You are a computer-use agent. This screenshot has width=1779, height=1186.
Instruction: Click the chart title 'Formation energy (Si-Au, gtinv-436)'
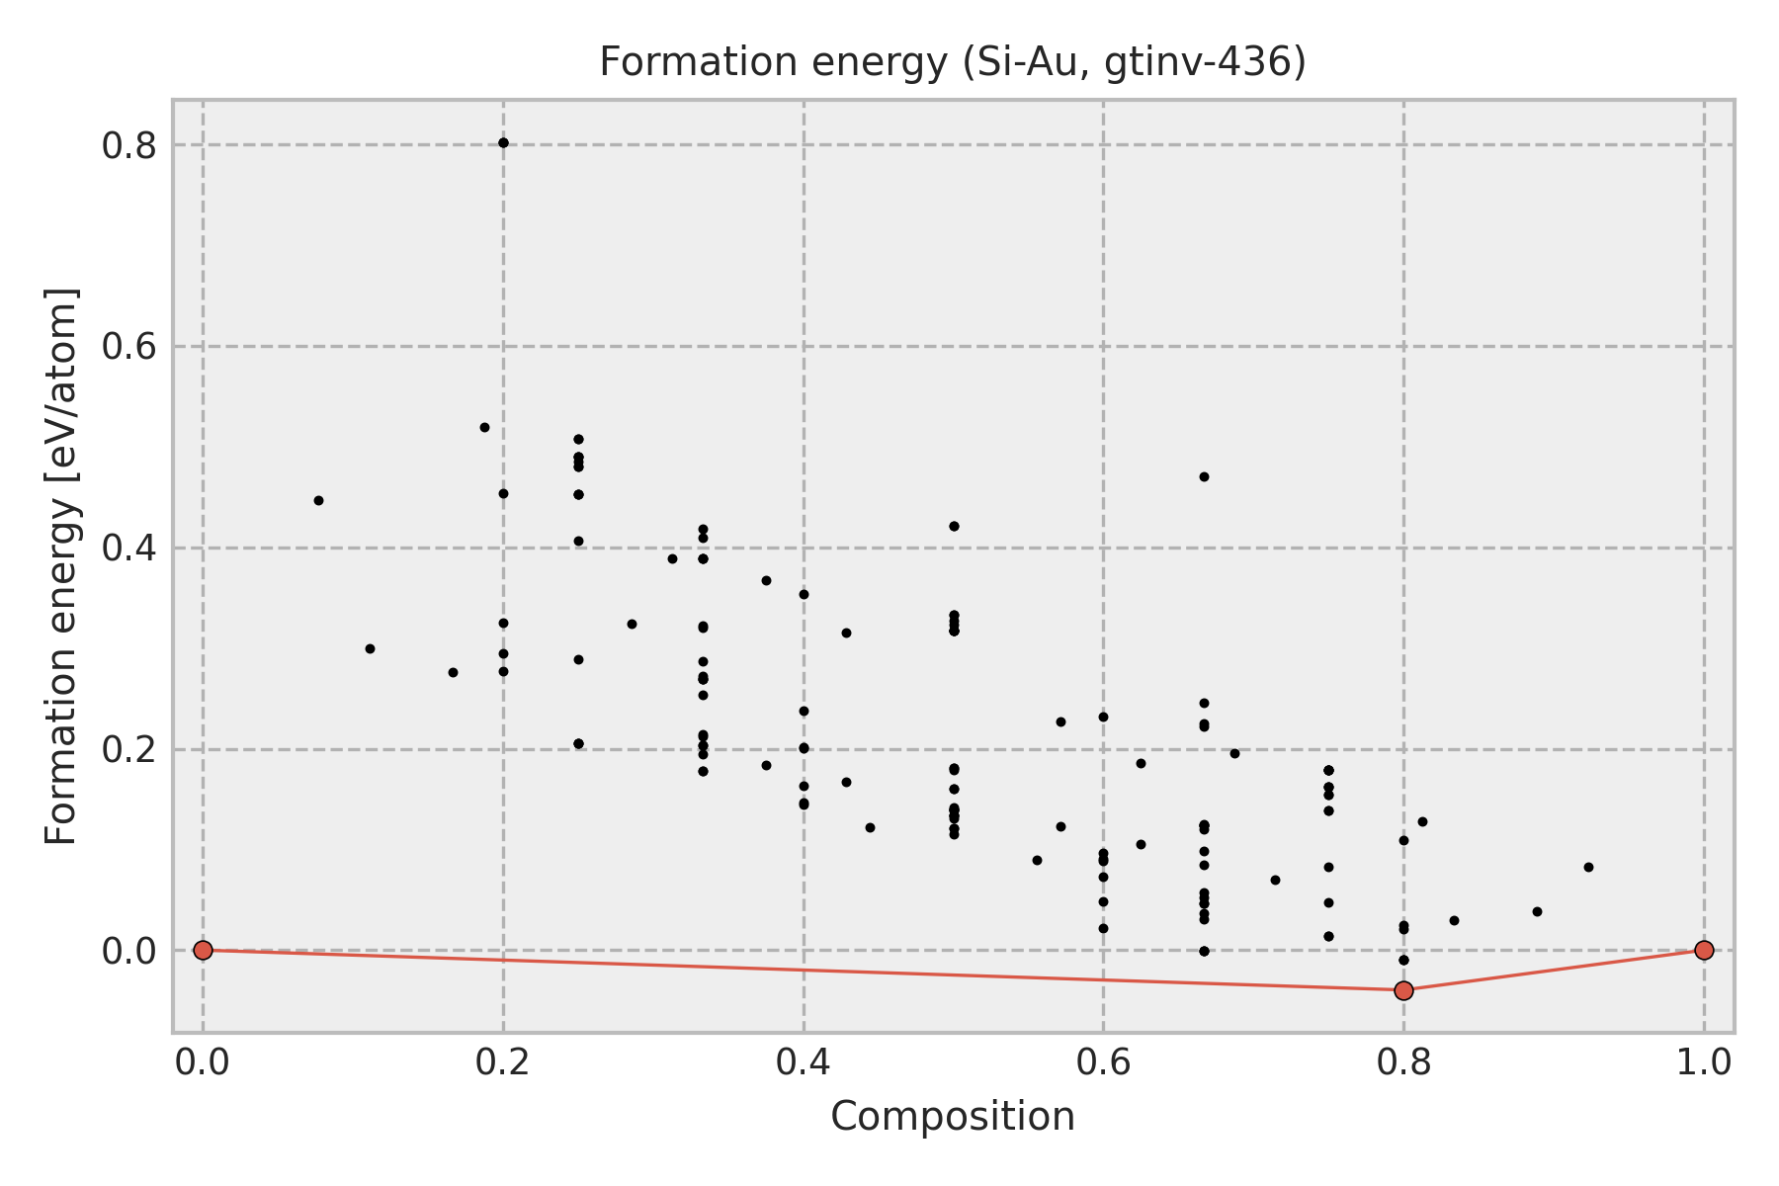[x=953, y=63]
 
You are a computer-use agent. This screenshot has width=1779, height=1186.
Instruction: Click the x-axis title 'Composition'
[x=953, y=1117]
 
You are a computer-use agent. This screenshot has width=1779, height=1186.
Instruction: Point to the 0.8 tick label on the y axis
[x=129, y=145]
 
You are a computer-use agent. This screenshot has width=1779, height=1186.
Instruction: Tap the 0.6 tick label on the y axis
[x=129, y=347]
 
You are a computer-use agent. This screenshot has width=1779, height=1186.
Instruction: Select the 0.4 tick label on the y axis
[x=129, y=549]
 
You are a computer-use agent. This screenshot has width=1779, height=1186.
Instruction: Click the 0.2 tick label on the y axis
[x=129, y=750]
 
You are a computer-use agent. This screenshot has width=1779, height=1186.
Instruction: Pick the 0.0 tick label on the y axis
[x=129, y=952]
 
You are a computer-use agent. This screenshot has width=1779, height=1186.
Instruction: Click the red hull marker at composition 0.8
[x=1403, y=990]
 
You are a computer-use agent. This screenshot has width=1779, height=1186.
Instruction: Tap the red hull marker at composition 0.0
[x=203, y=950]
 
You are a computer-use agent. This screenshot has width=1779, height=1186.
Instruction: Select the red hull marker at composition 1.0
[x=1704, y=950]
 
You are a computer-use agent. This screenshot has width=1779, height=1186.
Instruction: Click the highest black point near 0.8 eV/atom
[x=503, y=142]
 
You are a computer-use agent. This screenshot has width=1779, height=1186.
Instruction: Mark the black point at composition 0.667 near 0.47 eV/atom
[x=1204, y=476]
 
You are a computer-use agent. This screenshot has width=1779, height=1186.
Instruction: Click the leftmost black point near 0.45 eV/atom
[x=318, y=500]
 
